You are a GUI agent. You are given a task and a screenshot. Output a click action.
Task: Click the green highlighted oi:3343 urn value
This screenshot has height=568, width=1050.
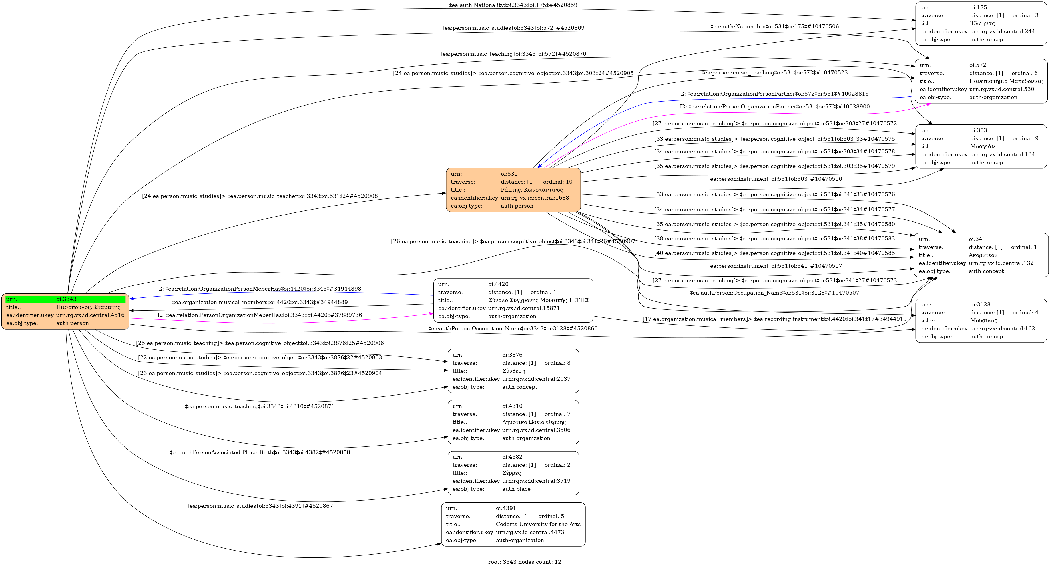click(66, 299)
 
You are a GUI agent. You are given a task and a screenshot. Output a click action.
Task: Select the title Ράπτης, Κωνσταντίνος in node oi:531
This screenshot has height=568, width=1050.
click(531, 190)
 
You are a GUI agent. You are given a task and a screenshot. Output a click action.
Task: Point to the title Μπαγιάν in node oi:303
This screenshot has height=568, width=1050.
click(982, 146)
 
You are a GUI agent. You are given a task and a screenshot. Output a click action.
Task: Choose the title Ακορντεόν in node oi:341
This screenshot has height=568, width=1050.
click(983, 255)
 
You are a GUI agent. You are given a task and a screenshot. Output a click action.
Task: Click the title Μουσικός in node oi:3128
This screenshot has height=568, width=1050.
click(983, 321)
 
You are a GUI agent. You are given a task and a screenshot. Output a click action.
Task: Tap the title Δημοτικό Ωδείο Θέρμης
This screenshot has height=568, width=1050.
click(533, 422)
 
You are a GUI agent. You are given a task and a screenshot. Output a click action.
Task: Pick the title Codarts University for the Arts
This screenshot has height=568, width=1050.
click(538, 524)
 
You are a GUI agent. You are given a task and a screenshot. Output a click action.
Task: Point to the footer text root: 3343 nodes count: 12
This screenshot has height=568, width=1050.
click(525, 562)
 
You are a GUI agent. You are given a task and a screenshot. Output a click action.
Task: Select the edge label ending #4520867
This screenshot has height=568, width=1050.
click(260, 506)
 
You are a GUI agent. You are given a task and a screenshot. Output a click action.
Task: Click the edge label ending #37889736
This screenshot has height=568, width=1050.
click(260, 315)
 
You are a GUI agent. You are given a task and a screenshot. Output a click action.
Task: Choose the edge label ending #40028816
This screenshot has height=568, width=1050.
click(774, 94)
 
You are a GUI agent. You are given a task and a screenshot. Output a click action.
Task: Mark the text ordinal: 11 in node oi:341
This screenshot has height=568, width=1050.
click(1025, 247)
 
